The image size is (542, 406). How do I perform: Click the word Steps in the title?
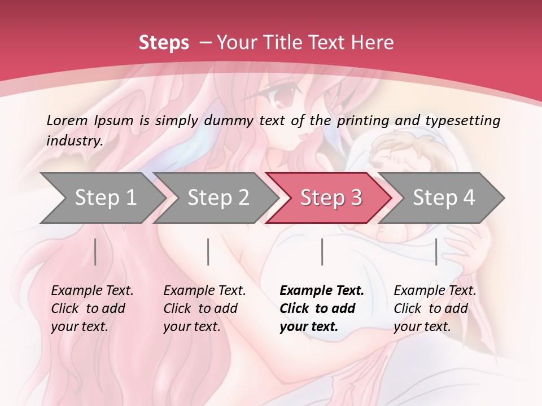[x=164, y=43]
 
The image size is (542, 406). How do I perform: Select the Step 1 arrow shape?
[x=102, y=197]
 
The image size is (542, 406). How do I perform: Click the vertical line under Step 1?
[x=95, y=251]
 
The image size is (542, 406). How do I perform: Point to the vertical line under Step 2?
[x=208, y=251]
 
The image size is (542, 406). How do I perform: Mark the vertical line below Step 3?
[x=322, y=251]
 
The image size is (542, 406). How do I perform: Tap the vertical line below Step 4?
[x=436, y=251]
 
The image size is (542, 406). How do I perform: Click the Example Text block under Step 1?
[x=91, y=308]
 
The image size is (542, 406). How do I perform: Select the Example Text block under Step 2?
[x=204, y=308]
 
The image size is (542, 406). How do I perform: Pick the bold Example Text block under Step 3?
[x=321, y=308]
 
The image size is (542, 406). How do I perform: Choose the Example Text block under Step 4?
[x=434, y=308]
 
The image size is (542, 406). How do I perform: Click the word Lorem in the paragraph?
[x=67, y=120]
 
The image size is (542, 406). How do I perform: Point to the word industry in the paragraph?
[x=74, y=141]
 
